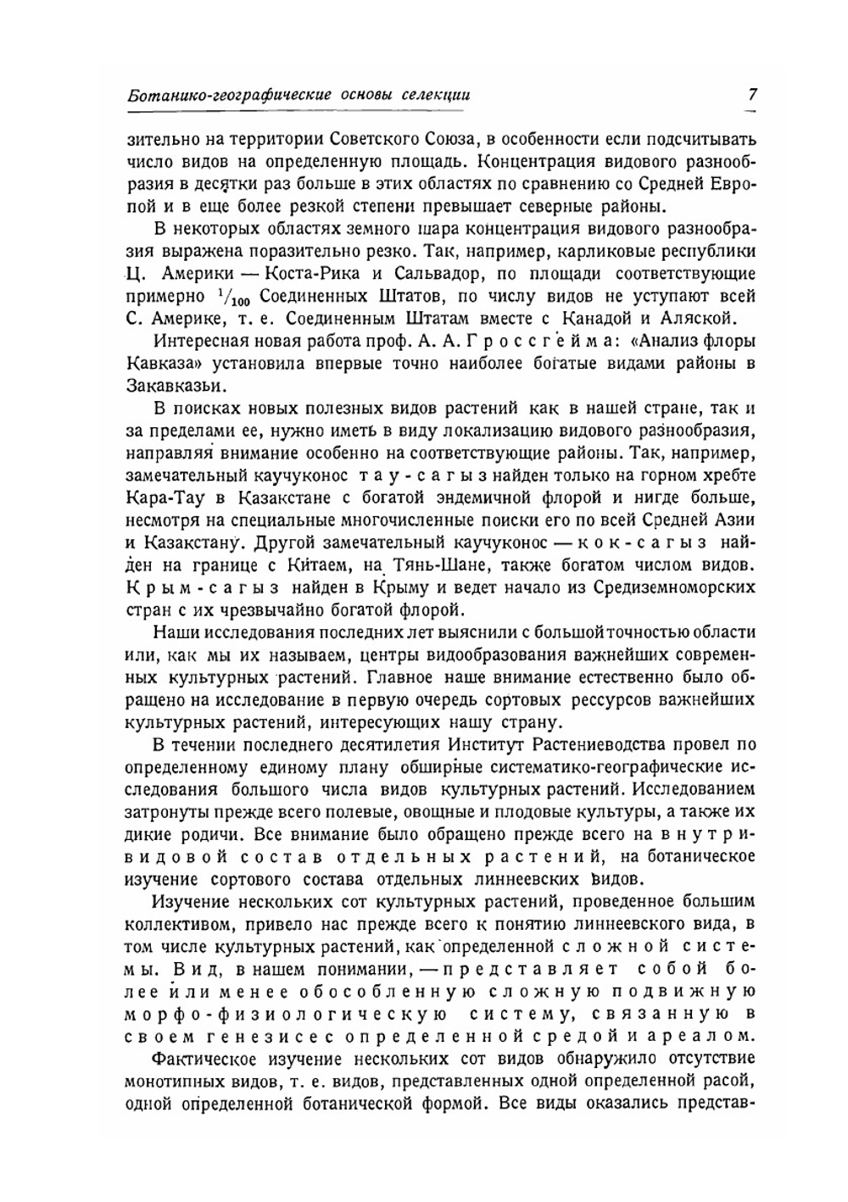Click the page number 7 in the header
(x=751, y=95)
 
